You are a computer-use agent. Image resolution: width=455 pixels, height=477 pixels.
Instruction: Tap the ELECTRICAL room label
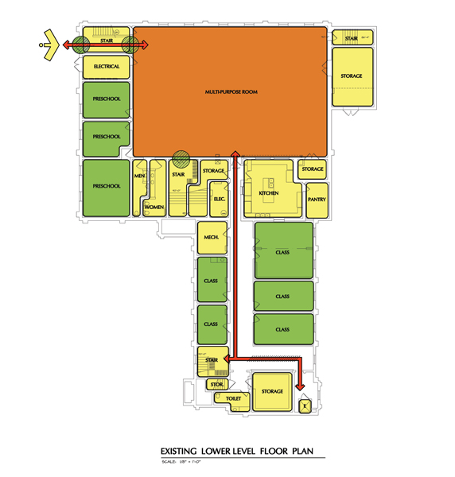pyautogui.click(x=106, y=67)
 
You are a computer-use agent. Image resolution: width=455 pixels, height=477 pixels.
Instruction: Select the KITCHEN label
pyautogui.click(x=268, y=193)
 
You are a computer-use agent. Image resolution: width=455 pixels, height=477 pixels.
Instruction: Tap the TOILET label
pyautogui.click(x=233, y=398)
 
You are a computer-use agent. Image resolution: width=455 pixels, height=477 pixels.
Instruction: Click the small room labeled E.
pyautogui.click(x=302, y=406)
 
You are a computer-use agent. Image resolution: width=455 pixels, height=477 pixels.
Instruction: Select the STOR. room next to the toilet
pyautogui.click(x=216, y=385)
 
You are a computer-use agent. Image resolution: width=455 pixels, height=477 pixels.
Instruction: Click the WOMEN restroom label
pyautogui.click(x=154, y=207)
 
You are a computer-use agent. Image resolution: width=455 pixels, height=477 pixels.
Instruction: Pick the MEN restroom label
pyautogui.click(x=139, y=176)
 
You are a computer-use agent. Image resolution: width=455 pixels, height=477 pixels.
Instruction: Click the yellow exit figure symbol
pyautogui.click(x=49, y=45)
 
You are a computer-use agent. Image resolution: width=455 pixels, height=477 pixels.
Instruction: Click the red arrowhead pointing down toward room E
pyautogui.click(x=301, y=386)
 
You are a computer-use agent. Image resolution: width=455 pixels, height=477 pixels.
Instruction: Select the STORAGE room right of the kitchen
pyautogui.click(x=313, y=169)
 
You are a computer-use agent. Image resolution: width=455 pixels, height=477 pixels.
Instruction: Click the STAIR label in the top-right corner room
pyautogui.click(x=350, y=38)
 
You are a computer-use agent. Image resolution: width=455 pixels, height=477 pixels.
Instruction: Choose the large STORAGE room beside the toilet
pyautogui.click(x=272, y=392)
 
